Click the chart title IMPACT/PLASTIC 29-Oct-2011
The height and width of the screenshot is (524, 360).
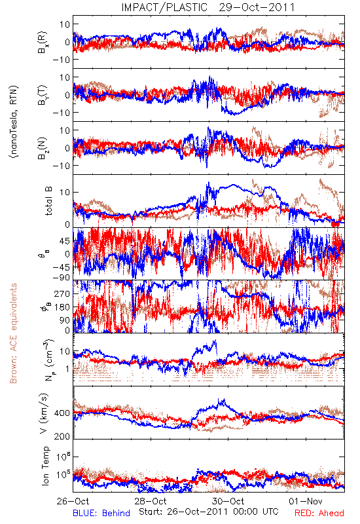pos(208,7)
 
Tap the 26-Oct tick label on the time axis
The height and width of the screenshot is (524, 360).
pos(73,502)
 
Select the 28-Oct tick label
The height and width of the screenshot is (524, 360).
pos(151,502)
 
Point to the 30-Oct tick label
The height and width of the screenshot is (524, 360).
pos(228,502)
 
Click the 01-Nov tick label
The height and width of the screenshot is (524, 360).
pos(306,502)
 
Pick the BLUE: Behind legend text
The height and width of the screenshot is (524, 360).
pos(101,513)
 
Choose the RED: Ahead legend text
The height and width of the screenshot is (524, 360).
pos(319,513)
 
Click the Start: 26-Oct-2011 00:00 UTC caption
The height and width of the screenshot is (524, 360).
pos(209,512)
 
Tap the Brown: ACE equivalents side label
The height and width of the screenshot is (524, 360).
pos(13,333)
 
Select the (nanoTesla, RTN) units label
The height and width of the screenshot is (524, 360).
pos(14,122)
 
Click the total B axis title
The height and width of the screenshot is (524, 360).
pos(48,201)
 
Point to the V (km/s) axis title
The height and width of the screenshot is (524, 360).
pos(44,413)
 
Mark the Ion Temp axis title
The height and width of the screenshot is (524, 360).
pos(45,466)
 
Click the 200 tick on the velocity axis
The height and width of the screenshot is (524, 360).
pos(62,436)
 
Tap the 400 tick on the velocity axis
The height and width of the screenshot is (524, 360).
pos(62,413)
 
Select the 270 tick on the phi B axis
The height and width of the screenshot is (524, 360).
pos(62,293)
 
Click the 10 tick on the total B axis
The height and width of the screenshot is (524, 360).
pos(65,193)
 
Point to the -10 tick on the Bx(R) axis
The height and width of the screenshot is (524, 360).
pos(61,60)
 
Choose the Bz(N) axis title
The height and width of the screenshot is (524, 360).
pos(43,149)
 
